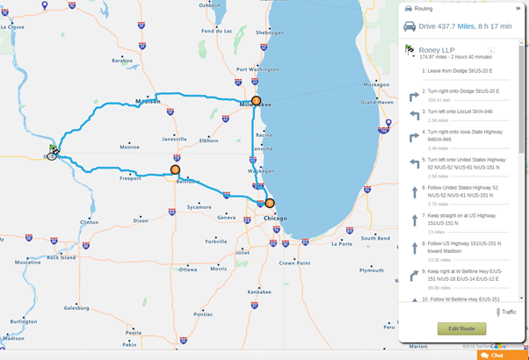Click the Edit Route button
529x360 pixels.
click(x=461, y=328)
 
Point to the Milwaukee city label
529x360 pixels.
click(x=255, y=105)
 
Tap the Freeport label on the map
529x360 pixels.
click(x=131, y=178)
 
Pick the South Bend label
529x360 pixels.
click(x=375, y=238)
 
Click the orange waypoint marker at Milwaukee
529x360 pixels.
click(x=257, y=101)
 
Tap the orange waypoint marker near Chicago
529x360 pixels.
click(x=270, y=203)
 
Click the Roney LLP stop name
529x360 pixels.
click(x=442, y=51)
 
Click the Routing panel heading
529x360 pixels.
click(x=431, y=8)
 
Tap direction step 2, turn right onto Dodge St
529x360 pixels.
click(x=462, y=91)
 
